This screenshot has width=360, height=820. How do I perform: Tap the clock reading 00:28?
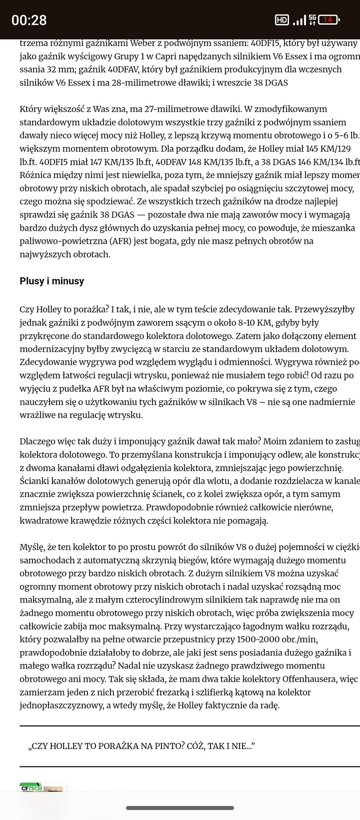[29, 20]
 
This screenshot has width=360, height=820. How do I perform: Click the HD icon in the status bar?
[281, 20]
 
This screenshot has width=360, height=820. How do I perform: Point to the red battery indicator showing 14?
[328, 20]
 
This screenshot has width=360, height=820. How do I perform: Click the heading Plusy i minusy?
[52, 281]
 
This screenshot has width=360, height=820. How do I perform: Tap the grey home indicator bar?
[180, 808]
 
